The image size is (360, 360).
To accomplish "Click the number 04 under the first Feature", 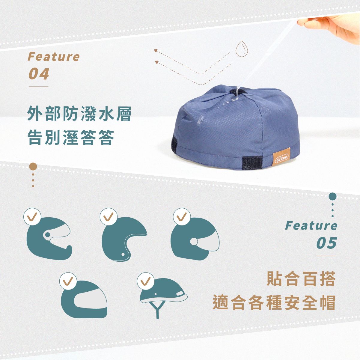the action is (39, 74).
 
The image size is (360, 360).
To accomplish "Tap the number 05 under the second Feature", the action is (327, 243).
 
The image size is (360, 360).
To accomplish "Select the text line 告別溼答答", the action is (71, 138).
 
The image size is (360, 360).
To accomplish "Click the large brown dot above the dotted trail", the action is (33, 166).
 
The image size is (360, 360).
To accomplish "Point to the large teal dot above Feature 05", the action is (332, 197).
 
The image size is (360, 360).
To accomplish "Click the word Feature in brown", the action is (54, 57).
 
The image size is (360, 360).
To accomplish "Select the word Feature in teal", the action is (311, 226).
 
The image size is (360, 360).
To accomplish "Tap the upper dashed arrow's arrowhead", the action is (156, 50).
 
